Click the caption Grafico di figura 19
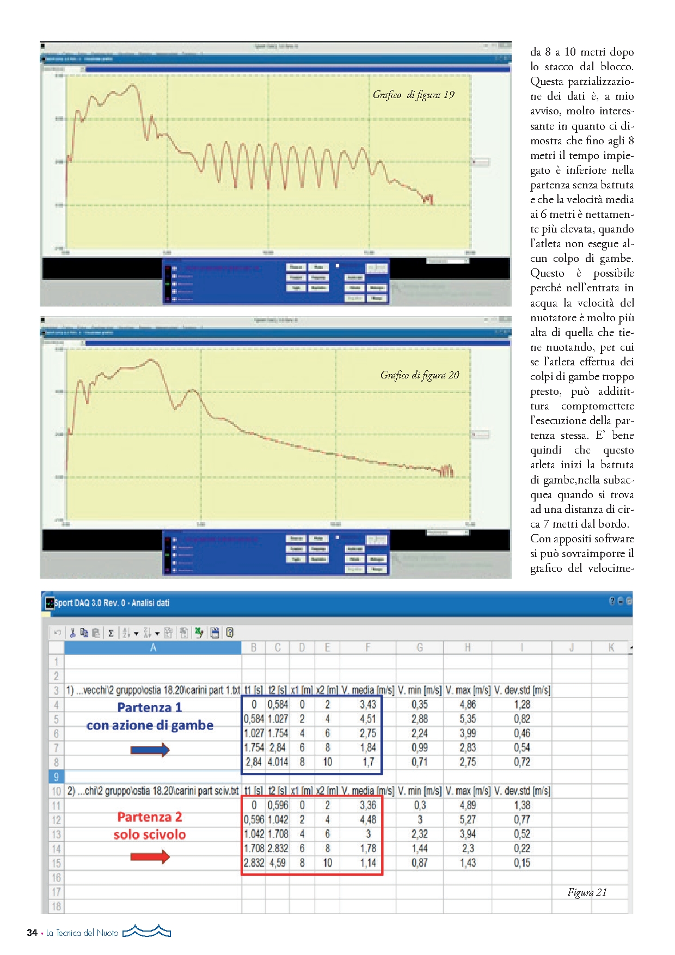tap(413, 95)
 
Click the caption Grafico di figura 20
tap(420, 375)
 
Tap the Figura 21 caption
tap(587, 892)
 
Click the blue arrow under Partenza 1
tap(150, 750)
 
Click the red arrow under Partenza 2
tap(150, 857)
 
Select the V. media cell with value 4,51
tap(367, 719)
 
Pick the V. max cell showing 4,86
tap(468, 705)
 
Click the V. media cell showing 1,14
tap(368, 863)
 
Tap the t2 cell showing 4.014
tap(278, 762)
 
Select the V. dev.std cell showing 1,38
tap(522, 805)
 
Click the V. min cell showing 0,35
tap(420, 705)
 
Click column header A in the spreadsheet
tap(153, 647)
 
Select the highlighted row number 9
tap(56, 776)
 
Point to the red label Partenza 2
tap(150, 817)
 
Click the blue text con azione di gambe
tap(150, 725)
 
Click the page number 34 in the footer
tap(32, 933)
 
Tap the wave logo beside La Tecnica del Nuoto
tap(146, 932)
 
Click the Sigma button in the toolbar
tap(111, 633)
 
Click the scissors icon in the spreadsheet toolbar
tap(72, 633)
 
